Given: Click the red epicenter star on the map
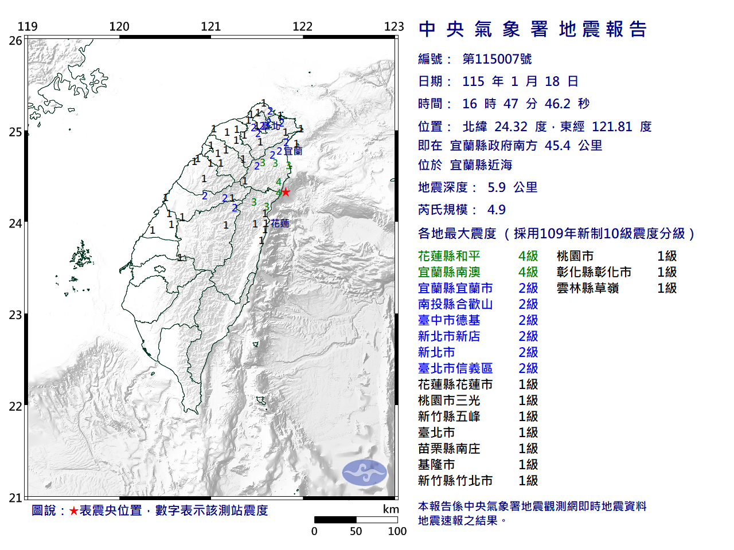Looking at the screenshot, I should (x=286, y=192).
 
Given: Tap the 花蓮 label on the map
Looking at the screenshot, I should (x=280, y=223).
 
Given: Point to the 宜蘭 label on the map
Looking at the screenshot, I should (x=293, y=151).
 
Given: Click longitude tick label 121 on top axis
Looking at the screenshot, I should (x=210, y=26).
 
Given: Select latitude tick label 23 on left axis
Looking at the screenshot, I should (x=15, y=315).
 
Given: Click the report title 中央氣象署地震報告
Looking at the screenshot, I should (x=533, y=29).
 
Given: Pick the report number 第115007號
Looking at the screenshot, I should (x=497, y=59).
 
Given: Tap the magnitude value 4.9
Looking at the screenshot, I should (x=497, y=210).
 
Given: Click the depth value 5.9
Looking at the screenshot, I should (x=497, y=187).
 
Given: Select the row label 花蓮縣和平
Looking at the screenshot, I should (x=449, y=256).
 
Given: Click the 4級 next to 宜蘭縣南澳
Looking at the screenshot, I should (x=528, y=272).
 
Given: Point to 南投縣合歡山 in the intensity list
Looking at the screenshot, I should (x=455, y=304).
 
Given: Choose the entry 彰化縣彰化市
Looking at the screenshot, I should (x=594, y=272).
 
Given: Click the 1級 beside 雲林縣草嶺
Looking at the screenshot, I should (x=667, y=288).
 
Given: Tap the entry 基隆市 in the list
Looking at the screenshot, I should (x=436, y=465).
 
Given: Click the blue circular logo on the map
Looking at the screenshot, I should (x=365, y=473).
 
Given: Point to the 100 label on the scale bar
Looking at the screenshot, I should (x=397, y=531).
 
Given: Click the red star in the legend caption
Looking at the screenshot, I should (x=73, y=510).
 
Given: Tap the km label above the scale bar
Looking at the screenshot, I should (x=391, y=509).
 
